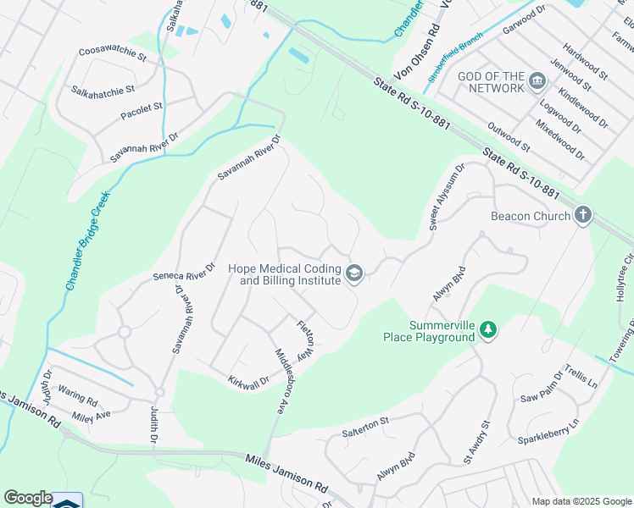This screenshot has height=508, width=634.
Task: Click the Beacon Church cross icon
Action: click(x=582, y=215)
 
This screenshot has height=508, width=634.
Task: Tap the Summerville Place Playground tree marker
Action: click(x=487, y=329)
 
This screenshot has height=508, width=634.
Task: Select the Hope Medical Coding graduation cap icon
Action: click(x=354, y=273)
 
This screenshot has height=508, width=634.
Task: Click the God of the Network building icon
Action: click(x=537, y=82)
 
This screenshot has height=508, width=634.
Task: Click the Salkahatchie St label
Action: click(x=103, y=89)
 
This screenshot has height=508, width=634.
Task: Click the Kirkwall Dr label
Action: click(x=247, y=383)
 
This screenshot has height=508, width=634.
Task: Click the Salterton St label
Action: click(x=364, y=420)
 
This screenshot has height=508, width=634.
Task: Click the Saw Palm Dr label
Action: click(x=541, y=386)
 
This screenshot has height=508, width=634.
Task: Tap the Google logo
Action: click(x=28, y=498)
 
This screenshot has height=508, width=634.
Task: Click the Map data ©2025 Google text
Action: click(x=581, y=500)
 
